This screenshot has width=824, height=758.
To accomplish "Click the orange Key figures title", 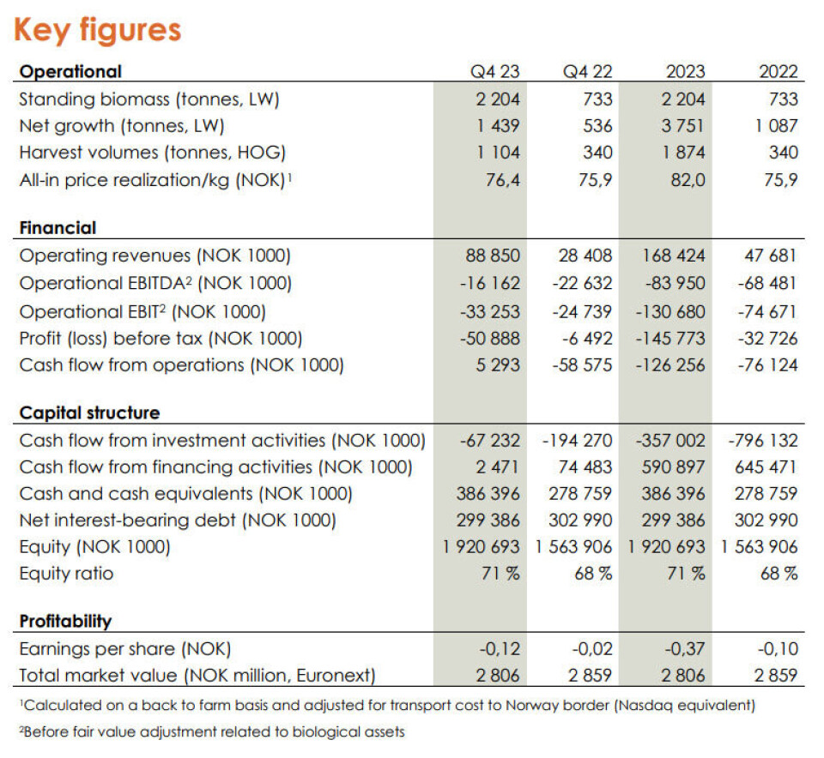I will [97, 30].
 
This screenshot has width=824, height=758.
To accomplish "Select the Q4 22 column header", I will [587, 72].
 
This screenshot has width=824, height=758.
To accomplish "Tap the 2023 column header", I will [684, 72].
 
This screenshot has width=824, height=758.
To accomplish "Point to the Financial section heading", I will [58, 228].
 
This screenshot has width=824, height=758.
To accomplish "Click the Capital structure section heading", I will [89, 413].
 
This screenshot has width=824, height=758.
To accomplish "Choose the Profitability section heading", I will [65, 621].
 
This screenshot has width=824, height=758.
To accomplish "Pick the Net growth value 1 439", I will [499, 126].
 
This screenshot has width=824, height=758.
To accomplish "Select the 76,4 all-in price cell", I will [502, 180].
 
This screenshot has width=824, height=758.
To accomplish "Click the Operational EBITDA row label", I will [155, 283].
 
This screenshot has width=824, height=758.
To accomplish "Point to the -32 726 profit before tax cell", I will [767, 338].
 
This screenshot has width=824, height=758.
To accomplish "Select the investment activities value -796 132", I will [762, 441].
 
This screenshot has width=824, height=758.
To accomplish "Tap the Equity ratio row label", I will [66, 574].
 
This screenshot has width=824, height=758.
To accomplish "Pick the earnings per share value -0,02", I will [591, 648].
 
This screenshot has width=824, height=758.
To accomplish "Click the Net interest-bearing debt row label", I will [178, 520].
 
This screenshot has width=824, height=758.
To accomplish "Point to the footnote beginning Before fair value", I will [211, 731].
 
